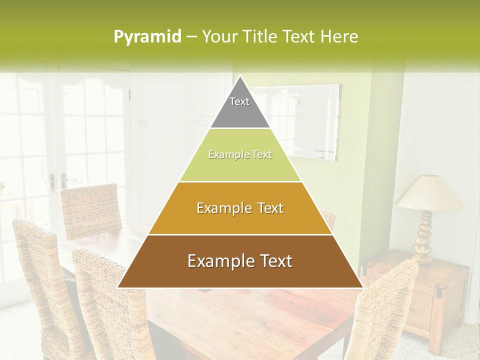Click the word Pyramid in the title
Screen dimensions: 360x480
(147, 37)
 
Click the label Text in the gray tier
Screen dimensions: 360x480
(239, 101)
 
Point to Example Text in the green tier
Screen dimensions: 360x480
(240, 155)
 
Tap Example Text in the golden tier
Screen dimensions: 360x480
(240, 208)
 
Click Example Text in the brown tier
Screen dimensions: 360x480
(240, 261)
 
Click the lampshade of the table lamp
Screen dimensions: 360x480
(429, 193)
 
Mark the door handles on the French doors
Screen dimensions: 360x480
(57, 180)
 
